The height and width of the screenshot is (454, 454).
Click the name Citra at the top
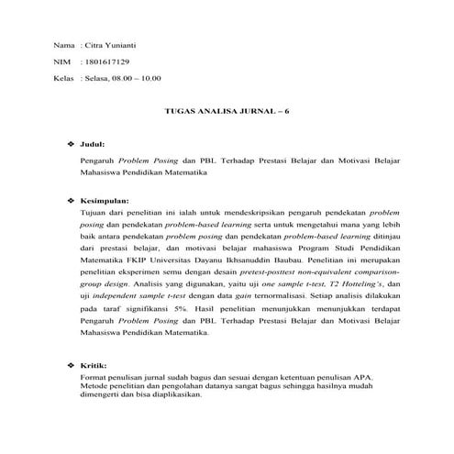(x=94, y=45)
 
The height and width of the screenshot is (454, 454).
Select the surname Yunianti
(x=124, y=45)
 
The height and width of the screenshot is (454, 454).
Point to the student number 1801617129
(x=106, y=61)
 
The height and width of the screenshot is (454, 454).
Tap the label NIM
(x=62, y=61)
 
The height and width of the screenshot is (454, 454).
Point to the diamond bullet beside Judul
(x=71, y=145)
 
